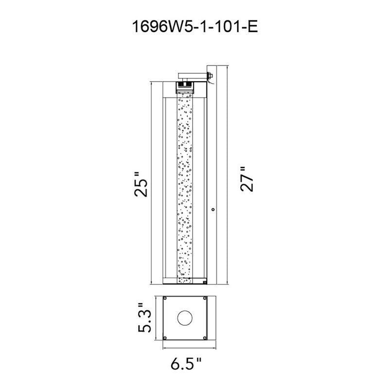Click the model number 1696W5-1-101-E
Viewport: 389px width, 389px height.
click(195, 27)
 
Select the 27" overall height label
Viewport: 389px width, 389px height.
click(247, 179)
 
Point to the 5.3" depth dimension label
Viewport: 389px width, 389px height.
click(144, 318)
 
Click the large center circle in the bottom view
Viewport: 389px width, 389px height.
click(185, 318)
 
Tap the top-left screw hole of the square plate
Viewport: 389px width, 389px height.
click(165, 298)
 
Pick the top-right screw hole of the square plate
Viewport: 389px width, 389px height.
click(205, 298)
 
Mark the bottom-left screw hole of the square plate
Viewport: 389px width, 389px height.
click(165, 337)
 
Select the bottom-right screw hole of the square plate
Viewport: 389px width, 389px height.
click(205, 337)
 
